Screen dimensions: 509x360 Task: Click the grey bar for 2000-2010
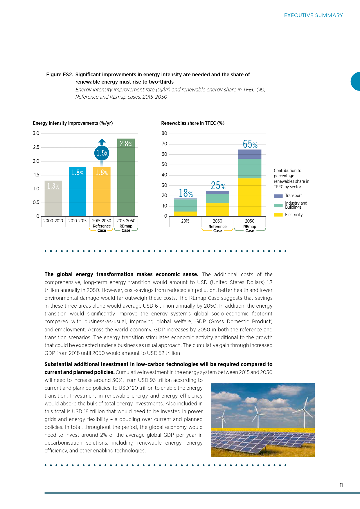(53, 198)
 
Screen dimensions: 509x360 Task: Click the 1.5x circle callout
(102, 153)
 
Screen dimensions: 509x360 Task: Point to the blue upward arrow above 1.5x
(102, 142)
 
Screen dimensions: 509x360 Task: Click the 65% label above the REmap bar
(250, 144)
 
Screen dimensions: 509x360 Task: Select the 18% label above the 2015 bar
(186, 193)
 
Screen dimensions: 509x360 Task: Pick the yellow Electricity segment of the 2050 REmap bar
(250, 197)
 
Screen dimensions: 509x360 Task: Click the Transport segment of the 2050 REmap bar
(250, 154)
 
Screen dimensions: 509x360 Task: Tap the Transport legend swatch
(278, 196)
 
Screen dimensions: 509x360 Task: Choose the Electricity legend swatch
(278, 215)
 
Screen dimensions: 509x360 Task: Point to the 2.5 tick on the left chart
(36, 147)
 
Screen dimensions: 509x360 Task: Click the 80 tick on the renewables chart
(164, 133)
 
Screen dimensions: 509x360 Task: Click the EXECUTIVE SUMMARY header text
(313, 15)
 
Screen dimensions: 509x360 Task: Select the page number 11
(341, 485)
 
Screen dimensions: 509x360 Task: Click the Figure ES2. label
(60, 75)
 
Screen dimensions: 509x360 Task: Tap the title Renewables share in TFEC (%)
(193, 123)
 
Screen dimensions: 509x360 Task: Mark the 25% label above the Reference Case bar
(218, 185)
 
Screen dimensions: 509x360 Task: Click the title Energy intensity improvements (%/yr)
(73, 123)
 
